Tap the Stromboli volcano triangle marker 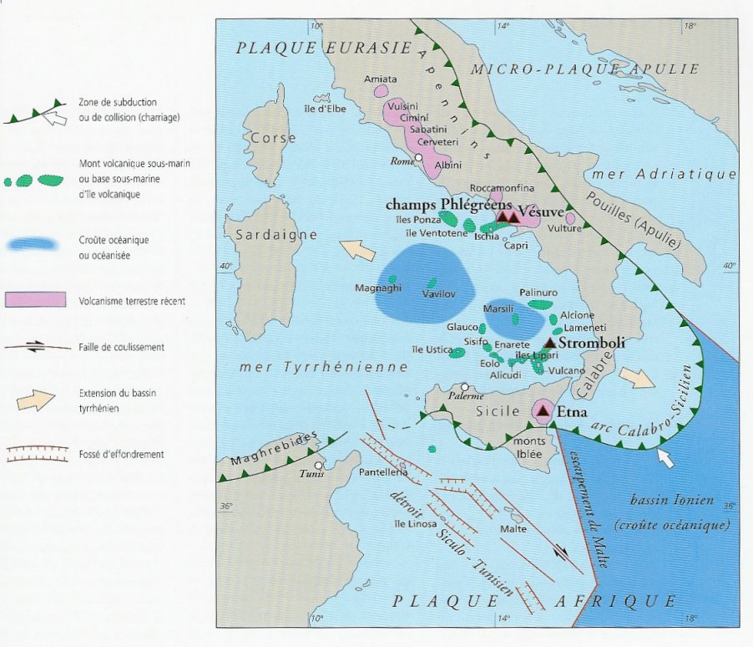pyautogui.click(x=550, y=343)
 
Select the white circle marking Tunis pyautogui.click(x=318, y=466)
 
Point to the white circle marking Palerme pyautogui.click(x=464, y=386)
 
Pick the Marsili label pyautogui.click(x=499, y=308)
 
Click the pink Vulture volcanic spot pyautogui.click(x=571, y=218)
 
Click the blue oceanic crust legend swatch pyautogui.click(x=34, y=244)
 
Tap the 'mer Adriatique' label pyautogui.click(x=663, y=175)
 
